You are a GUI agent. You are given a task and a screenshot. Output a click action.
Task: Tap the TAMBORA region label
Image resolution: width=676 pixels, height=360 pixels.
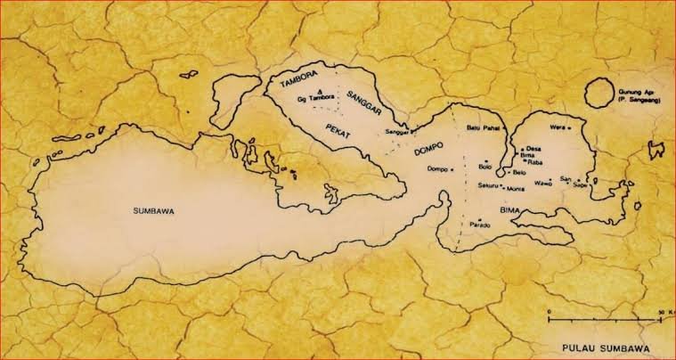click(299, 85)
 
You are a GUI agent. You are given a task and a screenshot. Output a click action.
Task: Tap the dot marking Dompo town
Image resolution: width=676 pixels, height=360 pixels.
click(452, 168)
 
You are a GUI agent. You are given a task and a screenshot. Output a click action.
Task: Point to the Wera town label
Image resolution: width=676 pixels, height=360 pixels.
click(558, 127)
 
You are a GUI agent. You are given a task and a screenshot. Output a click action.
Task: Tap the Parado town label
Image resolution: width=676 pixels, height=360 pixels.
click(481, 225)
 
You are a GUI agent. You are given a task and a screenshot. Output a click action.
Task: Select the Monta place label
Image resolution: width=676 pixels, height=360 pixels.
click(516, 190)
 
